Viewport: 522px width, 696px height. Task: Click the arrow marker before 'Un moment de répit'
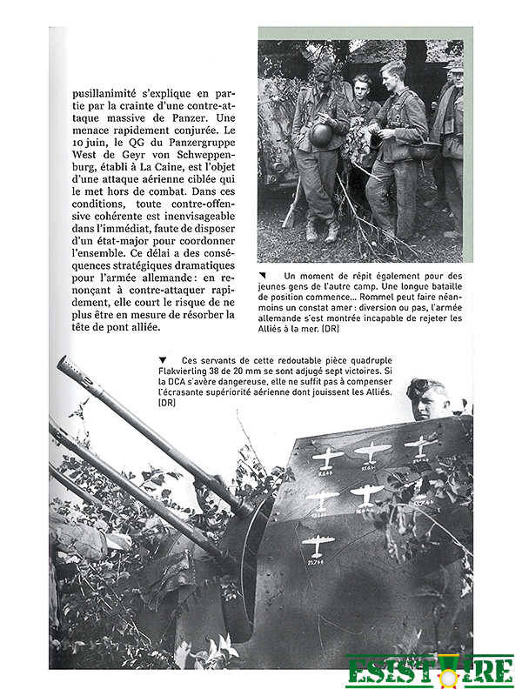263,276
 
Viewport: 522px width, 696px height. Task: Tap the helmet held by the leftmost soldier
321,135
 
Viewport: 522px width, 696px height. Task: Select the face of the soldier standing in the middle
363,88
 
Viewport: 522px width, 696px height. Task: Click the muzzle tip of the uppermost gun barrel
62,363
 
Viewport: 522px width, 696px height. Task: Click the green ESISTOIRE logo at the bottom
429,672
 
